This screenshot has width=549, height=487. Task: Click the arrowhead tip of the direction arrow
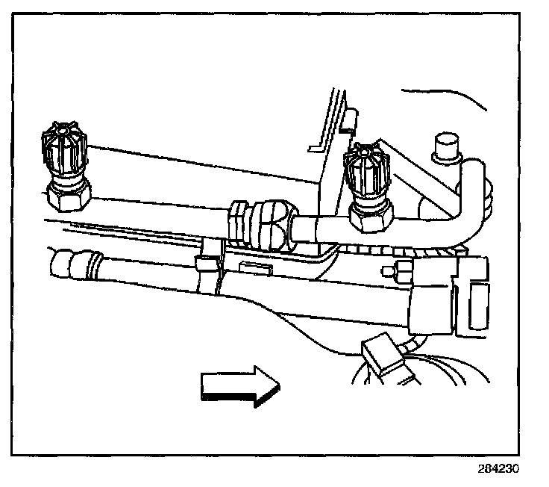point(278,386)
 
